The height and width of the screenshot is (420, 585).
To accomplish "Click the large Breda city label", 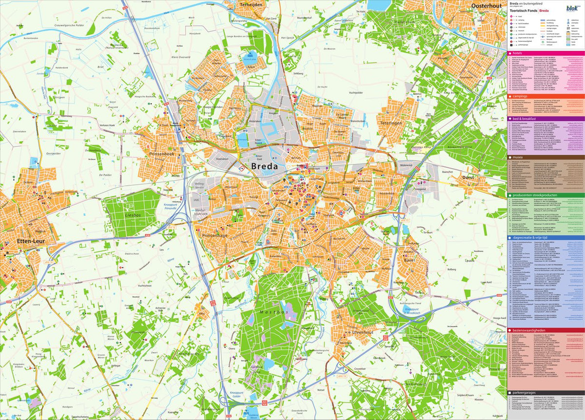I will [265, 166].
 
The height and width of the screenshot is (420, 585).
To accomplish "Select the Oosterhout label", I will [487, 5].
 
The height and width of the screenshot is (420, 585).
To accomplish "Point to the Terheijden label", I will [252, 4].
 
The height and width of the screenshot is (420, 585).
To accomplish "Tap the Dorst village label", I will [468, 178].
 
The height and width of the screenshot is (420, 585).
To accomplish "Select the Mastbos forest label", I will [271, 311].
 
